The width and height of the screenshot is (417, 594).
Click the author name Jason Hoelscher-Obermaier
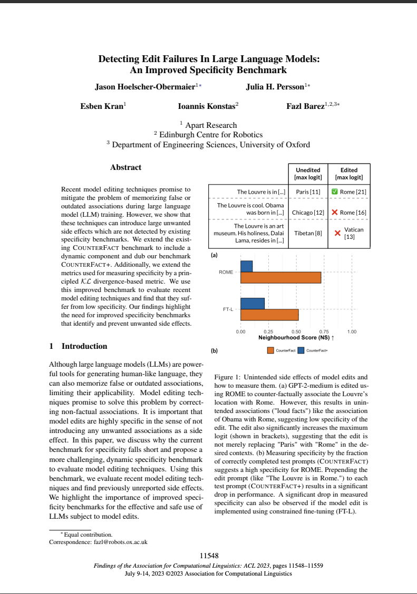coord(144,87)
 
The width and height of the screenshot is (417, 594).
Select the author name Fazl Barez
coord(305,106)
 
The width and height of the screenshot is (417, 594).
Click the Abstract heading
coord(125,167)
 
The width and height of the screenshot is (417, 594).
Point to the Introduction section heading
coord(78,346)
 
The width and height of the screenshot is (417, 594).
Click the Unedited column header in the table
coord(308,174)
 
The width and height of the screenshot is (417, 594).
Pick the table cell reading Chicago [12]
coord(307,212)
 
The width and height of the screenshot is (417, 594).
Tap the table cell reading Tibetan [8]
coord(308,233)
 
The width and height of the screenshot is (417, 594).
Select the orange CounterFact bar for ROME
coord(280,277)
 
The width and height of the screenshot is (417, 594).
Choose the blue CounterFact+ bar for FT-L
coord(252,304)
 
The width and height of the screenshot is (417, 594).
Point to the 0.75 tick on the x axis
coord(324,332)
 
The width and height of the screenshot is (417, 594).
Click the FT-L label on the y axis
coord(227,309)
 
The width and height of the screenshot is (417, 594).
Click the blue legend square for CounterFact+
coord(302,350)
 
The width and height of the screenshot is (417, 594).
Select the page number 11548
coord(208,556)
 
